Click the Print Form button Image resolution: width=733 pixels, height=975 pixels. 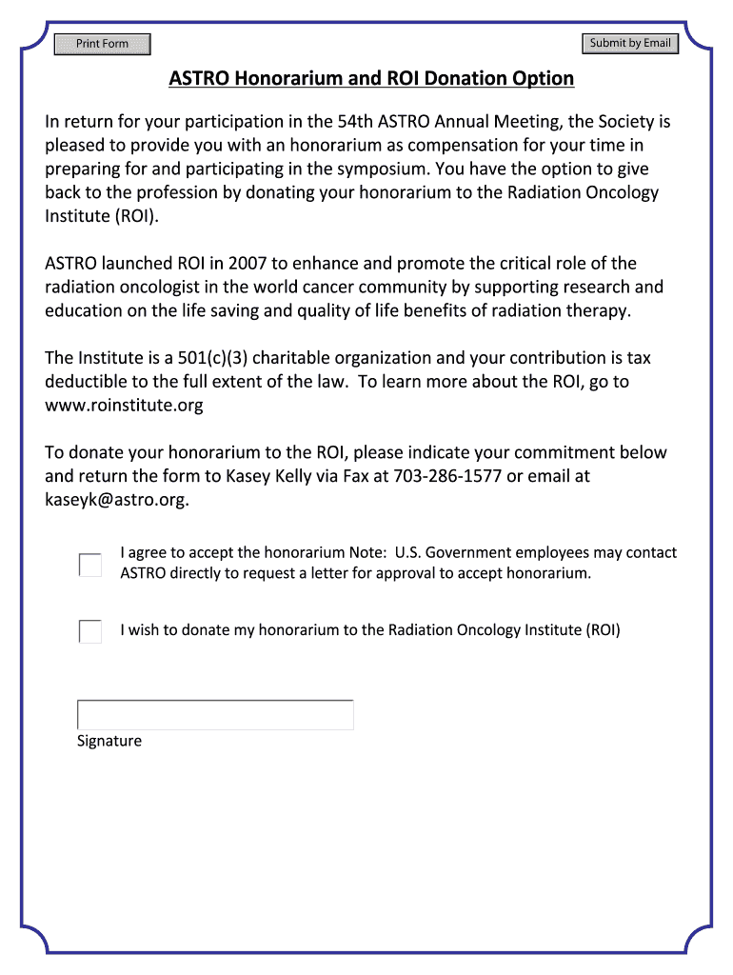tap(102, 44)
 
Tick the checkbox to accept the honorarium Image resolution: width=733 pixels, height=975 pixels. tap(89, 565)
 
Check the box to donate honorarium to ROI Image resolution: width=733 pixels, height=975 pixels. tap(89, 631)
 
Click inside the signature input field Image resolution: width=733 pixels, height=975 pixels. tap(215, 715)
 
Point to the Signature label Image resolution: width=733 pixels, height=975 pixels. tap(109, 741)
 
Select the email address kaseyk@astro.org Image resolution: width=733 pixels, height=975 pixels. tap(115, 500)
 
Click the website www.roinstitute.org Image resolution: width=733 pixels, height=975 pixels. tap(124, 406)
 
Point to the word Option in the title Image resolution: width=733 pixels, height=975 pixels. tap(544, 78)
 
